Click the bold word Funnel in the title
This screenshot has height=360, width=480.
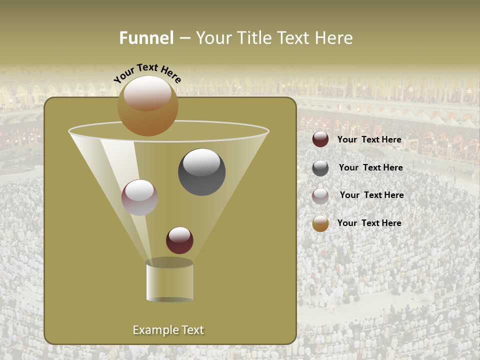coord(146,38)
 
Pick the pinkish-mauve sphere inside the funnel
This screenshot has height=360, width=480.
coord(139,197)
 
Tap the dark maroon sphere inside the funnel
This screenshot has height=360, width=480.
coord(179,240)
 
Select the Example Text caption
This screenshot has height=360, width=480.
coord(168,330)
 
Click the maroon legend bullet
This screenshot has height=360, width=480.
coord(320,139)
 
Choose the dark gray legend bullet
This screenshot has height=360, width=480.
coord(320,168)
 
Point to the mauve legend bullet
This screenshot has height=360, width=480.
coord(320,195)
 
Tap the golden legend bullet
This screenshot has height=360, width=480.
coord(320,223)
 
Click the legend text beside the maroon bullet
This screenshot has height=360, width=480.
coord(369,140)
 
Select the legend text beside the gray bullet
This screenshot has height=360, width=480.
coord(370,168)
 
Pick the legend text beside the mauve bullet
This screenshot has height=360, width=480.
coord(371,195)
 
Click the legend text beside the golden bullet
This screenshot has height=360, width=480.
coord(369,223)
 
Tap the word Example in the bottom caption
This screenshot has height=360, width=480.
coord(152,330)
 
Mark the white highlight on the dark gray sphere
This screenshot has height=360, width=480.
coord(202,163)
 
